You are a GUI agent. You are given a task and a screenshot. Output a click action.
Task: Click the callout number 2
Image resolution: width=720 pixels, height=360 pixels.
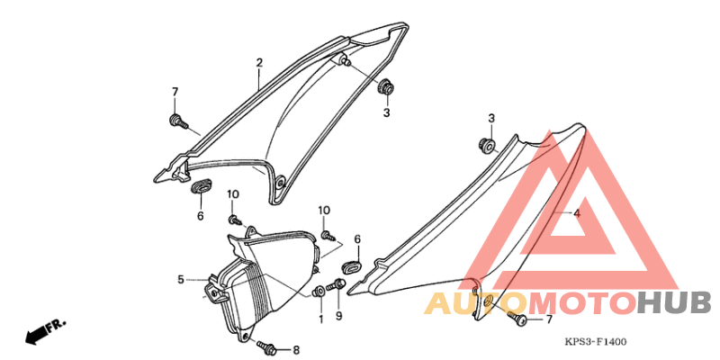click(x=259, y=63)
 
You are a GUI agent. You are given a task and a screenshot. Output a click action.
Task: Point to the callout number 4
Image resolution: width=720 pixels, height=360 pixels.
click(x=577, y=213)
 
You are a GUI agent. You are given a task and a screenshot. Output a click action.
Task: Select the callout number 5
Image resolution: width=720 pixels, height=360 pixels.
click(x=181, y=279)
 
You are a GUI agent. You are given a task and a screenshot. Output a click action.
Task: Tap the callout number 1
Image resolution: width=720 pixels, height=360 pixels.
click(x=321, y=319)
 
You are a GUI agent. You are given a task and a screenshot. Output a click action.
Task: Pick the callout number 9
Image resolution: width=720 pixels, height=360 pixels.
click(x=339, y=317)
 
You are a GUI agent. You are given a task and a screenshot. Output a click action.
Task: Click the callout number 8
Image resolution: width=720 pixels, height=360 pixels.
click(x=296, y=350)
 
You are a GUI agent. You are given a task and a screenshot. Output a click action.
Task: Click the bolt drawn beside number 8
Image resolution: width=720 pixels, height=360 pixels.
click(x=266, y=346)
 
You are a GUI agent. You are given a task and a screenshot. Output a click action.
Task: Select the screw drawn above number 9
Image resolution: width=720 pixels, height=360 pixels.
click(x=336, y=285)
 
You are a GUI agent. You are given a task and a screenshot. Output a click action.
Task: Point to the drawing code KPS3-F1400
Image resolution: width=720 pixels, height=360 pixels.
click(x=595, y=342)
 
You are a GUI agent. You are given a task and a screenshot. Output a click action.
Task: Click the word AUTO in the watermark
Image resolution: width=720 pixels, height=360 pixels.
click(x=477, y=303)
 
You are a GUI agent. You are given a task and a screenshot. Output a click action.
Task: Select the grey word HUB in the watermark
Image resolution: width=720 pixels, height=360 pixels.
click(x=674, y=303)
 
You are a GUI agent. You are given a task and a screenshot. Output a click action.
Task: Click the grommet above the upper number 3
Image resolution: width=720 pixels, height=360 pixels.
click(x=386, y=87)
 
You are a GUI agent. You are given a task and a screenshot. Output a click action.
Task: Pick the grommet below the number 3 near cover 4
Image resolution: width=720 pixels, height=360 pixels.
click(x=488, y=145)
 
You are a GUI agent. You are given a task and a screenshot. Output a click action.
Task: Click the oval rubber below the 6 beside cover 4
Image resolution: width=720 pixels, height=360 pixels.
click(x=353, y=265)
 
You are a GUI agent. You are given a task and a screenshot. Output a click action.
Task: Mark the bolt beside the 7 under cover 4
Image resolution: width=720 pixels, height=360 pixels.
click(x=517, y=318)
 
